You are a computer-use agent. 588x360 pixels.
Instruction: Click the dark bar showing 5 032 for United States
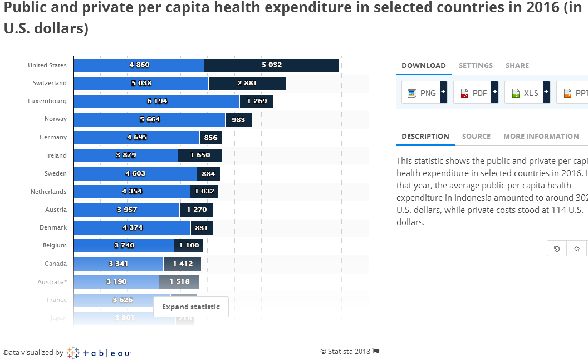tap(271, 65)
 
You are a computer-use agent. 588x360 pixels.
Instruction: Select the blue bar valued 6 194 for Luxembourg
tap(156, 101)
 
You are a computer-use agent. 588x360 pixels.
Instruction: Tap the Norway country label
tap(56, 119)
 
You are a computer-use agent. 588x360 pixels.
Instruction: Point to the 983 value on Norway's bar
tap(238, 120)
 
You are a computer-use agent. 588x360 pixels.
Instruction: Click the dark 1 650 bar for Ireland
tap(200, 155)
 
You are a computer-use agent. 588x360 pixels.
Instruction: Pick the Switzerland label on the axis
tap(50, 84)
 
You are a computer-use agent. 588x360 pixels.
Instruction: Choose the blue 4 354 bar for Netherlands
tap(132, 192)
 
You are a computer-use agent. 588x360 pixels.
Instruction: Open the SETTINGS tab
tap(476, 66)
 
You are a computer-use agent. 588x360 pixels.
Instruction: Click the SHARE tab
tap(517, 66)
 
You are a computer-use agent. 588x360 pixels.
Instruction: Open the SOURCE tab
tap(476, 137)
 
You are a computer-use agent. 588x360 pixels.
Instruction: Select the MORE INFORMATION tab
tap(541, 137)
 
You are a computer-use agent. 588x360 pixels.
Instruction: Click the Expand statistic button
tap(191, 307)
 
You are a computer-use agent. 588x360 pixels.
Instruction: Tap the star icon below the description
tap(577, 249)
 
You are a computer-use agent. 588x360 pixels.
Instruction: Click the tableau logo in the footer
tap(99, 353)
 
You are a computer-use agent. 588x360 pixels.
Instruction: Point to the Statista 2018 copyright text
tap(345, 352)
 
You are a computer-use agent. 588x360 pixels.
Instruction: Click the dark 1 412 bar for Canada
tap(182, 264)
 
